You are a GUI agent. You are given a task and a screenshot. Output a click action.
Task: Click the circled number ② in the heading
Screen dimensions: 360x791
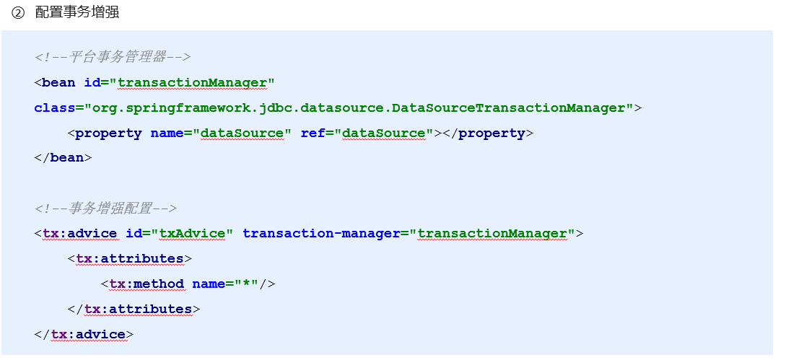click(18, 13)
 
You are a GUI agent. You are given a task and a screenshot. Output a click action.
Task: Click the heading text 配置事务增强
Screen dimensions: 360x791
click(77, 13)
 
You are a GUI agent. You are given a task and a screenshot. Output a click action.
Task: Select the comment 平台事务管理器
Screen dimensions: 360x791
click(112, 57)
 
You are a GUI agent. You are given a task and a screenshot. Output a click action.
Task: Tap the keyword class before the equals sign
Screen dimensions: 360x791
click(54, 107)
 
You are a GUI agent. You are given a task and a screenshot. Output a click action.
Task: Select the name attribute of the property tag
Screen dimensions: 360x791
click(167, 133)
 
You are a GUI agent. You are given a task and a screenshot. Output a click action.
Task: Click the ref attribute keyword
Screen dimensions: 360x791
click(313, 133)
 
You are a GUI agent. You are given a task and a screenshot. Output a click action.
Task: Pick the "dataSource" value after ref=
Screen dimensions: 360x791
click(384, 133)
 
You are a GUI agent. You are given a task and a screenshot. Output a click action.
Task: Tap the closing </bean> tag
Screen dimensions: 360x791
click(63, 157)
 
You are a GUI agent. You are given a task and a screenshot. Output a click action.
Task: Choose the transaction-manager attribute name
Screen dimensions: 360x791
click(321, 234)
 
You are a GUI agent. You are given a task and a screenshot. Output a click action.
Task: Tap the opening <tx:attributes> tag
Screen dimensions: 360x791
click(129, 258)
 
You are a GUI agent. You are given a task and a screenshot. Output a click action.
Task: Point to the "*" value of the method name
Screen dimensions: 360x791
click(247, 284)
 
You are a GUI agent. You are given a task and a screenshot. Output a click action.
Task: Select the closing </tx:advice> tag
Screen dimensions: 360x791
click(84, 334)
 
